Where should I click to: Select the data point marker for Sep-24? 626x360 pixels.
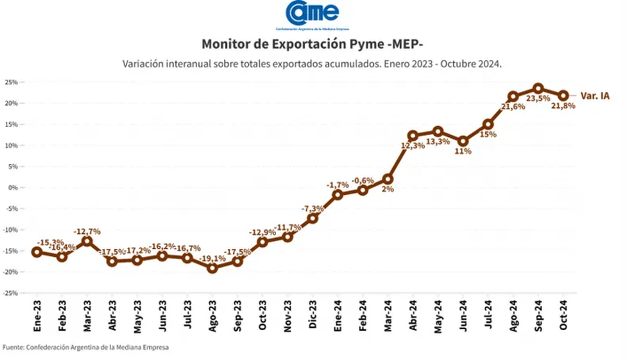click(538, 88)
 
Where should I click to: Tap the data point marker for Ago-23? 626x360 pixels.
click(212, 268)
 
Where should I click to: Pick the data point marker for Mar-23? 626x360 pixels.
click(87, 241)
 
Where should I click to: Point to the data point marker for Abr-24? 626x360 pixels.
click(413, 136)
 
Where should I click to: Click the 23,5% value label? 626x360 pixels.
click(538, 98)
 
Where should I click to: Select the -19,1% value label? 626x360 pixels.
click(213, 258)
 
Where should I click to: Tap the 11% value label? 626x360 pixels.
click(463, 151)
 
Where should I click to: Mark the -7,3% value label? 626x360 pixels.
click(312, 209)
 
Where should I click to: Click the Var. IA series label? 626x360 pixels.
click(595, 96)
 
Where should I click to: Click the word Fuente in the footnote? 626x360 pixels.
click(13, 347)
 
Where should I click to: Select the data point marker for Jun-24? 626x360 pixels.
click(463, 141)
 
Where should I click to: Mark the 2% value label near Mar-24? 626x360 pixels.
click(388, 189)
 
